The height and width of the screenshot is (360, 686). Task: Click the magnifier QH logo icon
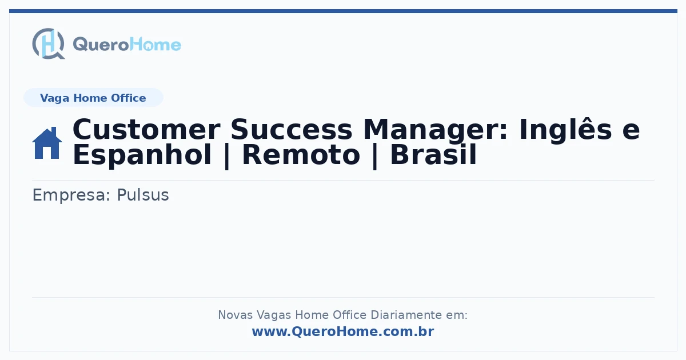tap(49, 43)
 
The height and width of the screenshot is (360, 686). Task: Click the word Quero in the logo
tap(101, 45)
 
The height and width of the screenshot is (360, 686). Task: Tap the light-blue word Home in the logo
tap(155, 45)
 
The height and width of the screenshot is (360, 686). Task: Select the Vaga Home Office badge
tap(93, 98)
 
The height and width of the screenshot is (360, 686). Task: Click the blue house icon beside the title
tap(47, 143)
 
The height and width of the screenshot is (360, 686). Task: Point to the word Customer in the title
tap(146, 130)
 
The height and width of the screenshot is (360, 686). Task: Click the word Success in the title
tap(291, 130)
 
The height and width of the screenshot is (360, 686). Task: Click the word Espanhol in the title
tap(142, 155)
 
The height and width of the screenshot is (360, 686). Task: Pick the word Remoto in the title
tap(301, 155)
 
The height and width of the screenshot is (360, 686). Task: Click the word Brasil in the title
tap(433, 155)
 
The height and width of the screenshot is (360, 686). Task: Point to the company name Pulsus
tap(143, 195)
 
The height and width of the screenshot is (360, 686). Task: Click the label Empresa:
tap(71, 195)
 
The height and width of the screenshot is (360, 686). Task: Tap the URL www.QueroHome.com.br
tap(343, 331)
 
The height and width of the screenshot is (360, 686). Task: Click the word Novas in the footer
tap(235, 315)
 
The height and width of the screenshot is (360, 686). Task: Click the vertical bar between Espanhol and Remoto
tap(226, 156)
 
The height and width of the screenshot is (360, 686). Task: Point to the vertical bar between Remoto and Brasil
tap(375, 156)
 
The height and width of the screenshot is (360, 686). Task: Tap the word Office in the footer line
tap(350, 315)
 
